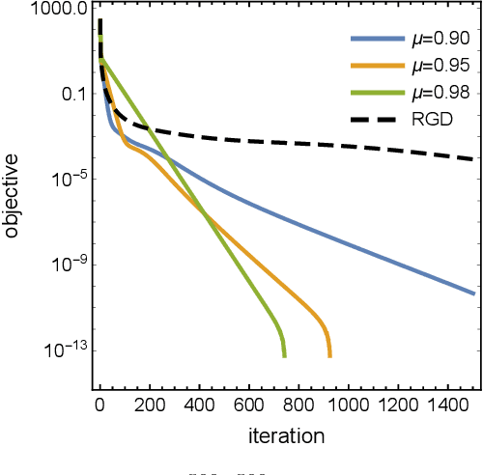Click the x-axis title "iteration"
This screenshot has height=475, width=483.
286,435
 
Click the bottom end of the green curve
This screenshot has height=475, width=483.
285,355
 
